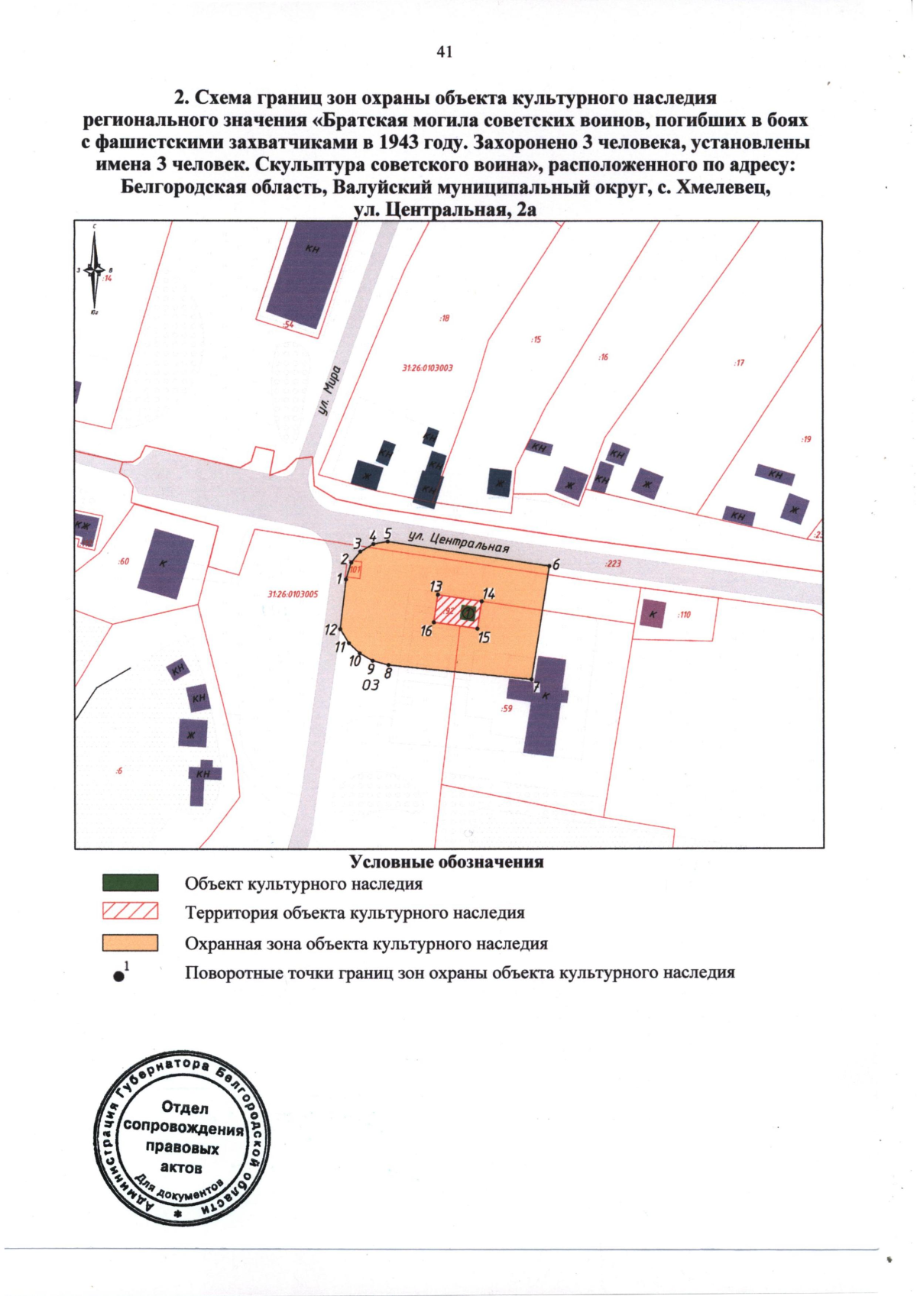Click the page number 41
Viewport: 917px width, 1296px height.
[x=445, y=52]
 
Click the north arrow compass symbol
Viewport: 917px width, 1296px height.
[x=95, y=270]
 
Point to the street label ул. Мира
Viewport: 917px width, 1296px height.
[x=330, y=390]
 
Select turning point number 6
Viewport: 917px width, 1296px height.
[x=549, y=566]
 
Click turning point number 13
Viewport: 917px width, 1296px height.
[x=438, y=594]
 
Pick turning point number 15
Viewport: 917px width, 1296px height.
[x=478, y=629]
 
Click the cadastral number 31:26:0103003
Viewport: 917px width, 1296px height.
[x=427, y=368]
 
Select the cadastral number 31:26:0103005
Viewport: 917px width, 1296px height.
[x=293, y=594]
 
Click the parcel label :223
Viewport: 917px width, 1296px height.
[x=613, y=564]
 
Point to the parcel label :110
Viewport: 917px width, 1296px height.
[x=684, y=614]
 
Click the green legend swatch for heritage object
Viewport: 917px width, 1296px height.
[x=131, y=884]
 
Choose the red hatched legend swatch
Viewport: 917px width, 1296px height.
[x=131, y=911]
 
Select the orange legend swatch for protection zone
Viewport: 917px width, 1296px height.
[x=131, y=942]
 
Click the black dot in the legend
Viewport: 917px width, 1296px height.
[x=118, y=975]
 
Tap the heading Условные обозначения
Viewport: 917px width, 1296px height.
[x=447, y=862]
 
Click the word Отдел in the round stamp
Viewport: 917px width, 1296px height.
[x=185, y=1107]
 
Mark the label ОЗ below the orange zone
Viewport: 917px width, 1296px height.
[x=370, y=685]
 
